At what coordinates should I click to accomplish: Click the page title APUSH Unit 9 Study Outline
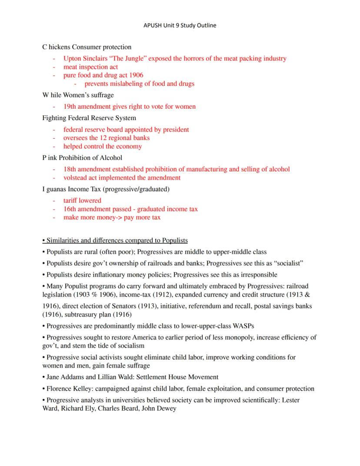180,25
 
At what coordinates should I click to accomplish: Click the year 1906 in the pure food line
136,75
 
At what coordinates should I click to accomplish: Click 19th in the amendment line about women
70,107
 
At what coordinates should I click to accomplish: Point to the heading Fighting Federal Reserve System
89,118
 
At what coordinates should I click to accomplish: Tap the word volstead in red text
74,178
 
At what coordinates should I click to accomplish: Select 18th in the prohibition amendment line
70,169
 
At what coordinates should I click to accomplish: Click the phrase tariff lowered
82,201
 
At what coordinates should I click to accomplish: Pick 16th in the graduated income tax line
70,209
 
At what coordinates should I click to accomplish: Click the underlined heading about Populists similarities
115,241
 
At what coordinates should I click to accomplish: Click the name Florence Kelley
66,389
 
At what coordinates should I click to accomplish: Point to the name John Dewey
159,409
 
